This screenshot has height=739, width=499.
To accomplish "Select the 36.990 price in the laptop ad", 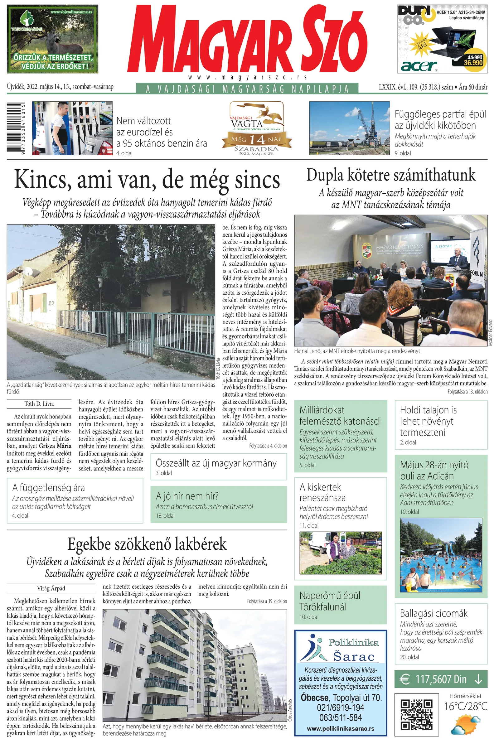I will (473, 63).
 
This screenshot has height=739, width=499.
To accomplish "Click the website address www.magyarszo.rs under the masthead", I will (247, 77).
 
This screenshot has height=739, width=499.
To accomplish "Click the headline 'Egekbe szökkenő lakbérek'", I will (147, 544).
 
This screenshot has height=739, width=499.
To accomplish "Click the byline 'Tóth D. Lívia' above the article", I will (39, 404).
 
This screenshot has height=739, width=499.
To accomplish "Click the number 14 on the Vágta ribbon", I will (257, 139).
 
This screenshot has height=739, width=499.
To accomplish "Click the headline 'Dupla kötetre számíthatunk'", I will (391, 175).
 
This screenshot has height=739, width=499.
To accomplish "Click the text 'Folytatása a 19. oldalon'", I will (267, 601).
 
